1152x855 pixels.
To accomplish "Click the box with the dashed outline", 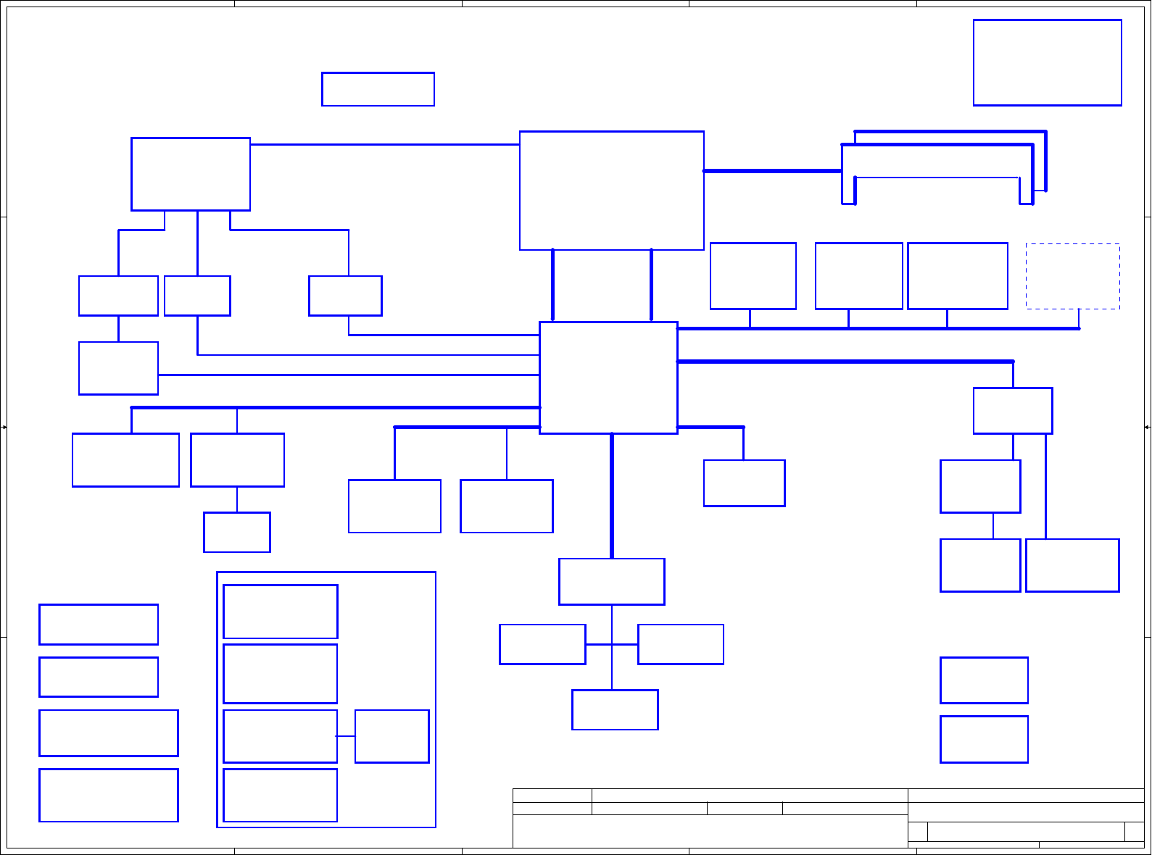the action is click(x=1072, y=276).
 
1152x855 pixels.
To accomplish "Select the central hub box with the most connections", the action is click(x=608, y=378).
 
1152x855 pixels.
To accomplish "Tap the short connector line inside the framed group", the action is click(x=346, y=736).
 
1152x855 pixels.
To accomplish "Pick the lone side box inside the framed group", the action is click(x=391, y=736).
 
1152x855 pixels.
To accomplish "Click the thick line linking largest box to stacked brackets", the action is click(x=772, y=171).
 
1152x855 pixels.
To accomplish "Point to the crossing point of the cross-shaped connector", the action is click(x=612, y=644).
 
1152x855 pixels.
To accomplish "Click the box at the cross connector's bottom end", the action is click(x=615, y=709).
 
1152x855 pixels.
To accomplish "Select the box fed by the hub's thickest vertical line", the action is click(x=612, y=581).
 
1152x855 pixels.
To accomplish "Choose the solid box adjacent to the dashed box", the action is click(x=957, y=276).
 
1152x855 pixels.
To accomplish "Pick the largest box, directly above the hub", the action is click(x=612, y=191).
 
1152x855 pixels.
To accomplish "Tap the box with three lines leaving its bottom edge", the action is click(x=191, y=174).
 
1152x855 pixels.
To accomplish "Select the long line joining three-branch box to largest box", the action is click(x=385, y=144).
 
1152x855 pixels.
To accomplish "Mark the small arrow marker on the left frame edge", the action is click(x=4, y=427).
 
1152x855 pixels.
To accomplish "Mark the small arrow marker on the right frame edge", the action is click(x=1147, y=427).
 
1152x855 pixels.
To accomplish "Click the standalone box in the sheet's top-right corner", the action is click(x=1047, y=62).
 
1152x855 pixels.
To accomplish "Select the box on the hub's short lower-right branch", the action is click(x=744, y=483).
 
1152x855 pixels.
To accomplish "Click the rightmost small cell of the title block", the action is click(x=1134, y=831).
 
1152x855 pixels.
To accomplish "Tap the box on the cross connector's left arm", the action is click(x=542, y=644).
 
